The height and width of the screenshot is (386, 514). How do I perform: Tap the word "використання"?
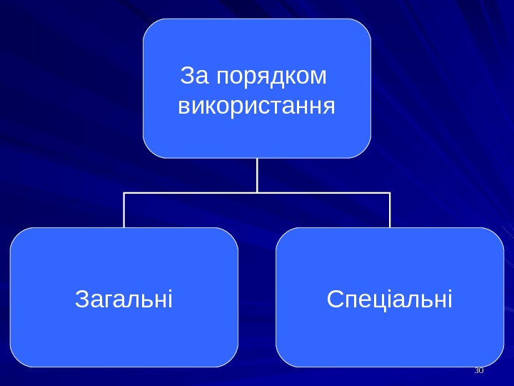[x=256, y=107]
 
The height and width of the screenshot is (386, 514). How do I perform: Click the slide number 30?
[x=479, y=370]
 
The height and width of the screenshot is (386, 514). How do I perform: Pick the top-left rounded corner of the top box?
[x=150, y=26]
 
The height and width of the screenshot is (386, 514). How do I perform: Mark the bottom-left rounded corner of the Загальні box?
[x=17, y=360]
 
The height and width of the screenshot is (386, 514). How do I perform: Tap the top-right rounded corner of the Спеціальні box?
[x=496, y=235]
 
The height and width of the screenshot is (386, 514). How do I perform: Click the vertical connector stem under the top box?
[x=257, y=175]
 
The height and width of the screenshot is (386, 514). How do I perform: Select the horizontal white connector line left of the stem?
[x=189, y=193]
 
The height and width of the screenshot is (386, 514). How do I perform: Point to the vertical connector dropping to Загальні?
[x=124, y=210]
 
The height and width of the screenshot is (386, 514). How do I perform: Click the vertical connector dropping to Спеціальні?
[x=390, y=210]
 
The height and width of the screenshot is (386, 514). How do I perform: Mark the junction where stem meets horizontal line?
[x=257, y=193]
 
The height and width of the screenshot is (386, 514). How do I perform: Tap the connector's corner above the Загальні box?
[x=124, y=193]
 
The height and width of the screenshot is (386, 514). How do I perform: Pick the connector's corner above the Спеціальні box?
[x=390, y=193]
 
